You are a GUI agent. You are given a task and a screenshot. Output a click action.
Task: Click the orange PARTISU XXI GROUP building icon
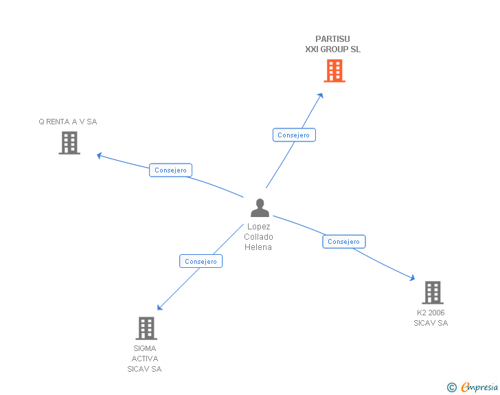[x=334, y=71]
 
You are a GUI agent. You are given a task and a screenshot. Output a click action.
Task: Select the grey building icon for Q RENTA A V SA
[x=69, y=143]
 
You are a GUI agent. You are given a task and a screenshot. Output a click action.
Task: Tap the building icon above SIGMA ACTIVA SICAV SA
[x=146, y=328]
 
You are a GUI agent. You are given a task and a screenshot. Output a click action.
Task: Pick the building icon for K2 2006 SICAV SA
[x=432, y=293]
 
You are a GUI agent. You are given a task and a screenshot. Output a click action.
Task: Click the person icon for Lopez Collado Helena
[x=260, y=207]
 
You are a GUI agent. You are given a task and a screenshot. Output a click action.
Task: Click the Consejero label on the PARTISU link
[x=294, y=135]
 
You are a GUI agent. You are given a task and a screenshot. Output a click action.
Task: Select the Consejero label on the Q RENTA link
[x=171, y=170]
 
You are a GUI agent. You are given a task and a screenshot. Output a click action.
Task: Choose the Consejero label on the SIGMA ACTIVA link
[x=201, y=262]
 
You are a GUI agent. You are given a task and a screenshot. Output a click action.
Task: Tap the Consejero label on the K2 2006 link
[x=344, y=242]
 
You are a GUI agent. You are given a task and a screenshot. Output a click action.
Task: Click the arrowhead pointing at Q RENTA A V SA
[x=99, y=155]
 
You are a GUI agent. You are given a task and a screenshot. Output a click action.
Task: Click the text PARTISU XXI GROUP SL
[x=333, y=45]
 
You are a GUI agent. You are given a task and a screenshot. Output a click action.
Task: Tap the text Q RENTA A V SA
[x=68, y=122]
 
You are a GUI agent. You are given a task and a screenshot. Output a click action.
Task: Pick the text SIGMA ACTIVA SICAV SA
[x=144, y=359]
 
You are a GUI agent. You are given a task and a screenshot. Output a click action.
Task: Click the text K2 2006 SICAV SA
[x=431, y=318]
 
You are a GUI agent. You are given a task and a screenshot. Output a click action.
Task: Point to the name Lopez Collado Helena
[x=258, y=237]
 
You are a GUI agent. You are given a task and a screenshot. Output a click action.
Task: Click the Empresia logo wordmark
[x=479, y=387]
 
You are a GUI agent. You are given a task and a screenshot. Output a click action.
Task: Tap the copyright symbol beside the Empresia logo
[x=452, y=388]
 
